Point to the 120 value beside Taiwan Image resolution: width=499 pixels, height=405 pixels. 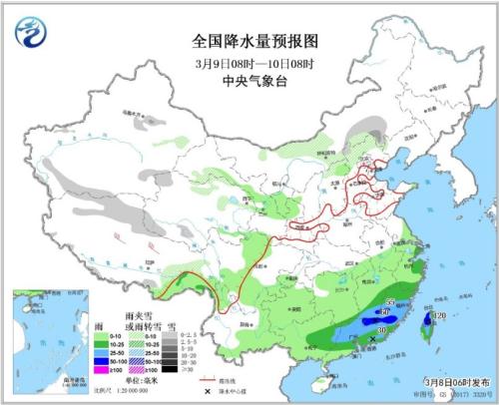[438, 316]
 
